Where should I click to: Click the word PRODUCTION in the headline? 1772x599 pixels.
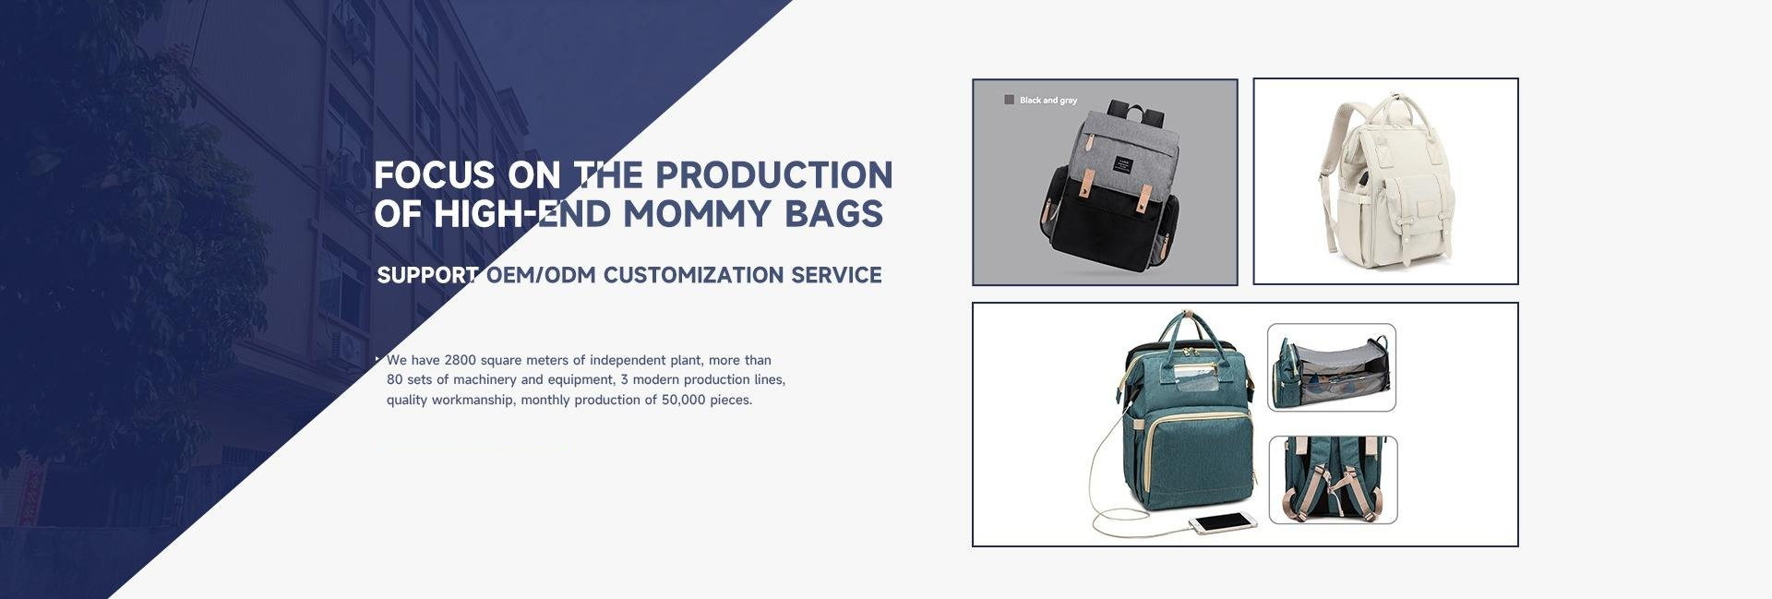[x=774, y=174]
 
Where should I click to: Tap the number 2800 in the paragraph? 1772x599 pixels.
[x=460, y=360]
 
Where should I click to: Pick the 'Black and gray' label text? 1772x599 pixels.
[x=1048, y=101]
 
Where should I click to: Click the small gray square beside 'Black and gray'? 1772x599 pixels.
[x=1010, y=100]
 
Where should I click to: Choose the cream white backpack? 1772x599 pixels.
[x=1384, y=180]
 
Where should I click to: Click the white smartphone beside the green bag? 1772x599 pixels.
[x=1223, y=523]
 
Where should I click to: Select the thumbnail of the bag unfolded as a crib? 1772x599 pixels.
[x=1332, y=367]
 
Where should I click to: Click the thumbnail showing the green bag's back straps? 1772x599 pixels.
[x=1334, y=480]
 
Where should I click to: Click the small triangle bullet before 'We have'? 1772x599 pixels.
[x=378, y=358]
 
